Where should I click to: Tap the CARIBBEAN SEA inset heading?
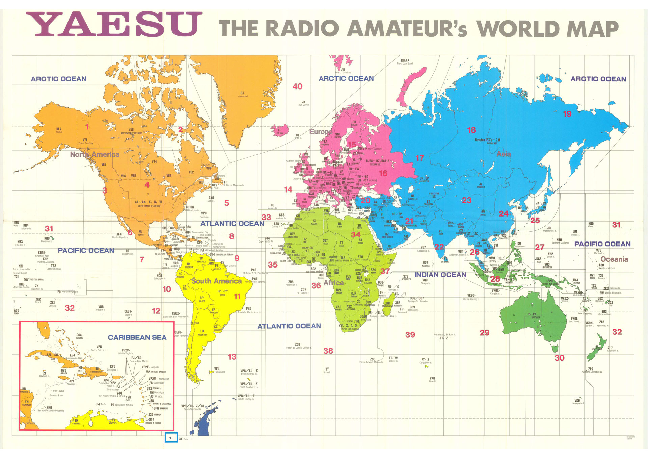(x=137, y=337)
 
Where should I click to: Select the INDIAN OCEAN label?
(x=440, y=275)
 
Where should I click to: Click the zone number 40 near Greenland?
(x=297, y=86)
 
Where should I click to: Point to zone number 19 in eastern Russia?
(x=567, y=114)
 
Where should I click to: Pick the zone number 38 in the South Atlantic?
(x=328, y=351)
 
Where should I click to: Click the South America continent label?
(x=216, y=281)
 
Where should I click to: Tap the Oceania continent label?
(x=614, y=259)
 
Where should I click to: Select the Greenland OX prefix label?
(x=242, y=94)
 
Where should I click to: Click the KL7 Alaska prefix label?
(x=59, y=130)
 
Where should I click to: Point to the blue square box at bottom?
(x=171, y=437)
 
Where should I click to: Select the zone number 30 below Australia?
(x=559, y=358)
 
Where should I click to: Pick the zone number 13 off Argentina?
(x=232, y=357)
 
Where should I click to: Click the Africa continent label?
(x=333, y=283)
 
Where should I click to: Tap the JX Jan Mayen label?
(x=303, y=103)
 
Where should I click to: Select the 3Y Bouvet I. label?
(x=327, y=370)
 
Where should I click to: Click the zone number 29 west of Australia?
(x=484, y=333)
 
